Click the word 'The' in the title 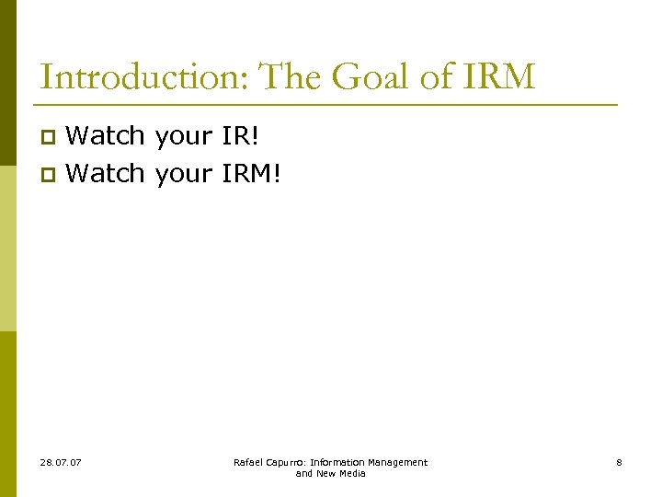coord(291,77)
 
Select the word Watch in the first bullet coord(106,136)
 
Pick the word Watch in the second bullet coord(106,172)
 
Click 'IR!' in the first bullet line coord(241,136)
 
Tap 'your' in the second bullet coord(184,174)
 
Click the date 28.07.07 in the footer coord(61,462)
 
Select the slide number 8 coord(619,462)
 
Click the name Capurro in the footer coord(286,462)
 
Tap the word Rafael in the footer coord(248,462)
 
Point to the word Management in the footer coord(396,462)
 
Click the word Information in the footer coord(337,462)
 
